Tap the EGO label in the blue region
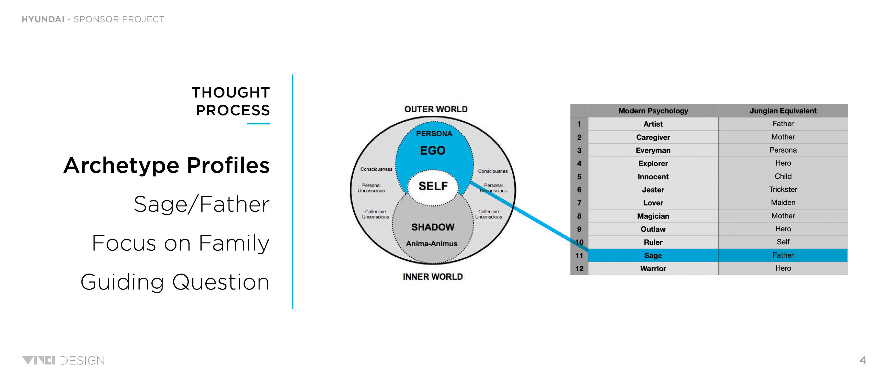pos(432,151)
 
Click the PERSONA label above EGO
pos(434,134)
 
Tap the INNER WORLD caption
pos(432,277)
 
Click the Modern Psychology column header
pos(653,111)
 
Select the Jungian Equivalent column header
pos(783,111)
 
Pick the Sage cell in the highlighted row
pos(653,255)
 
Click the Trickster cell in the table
pos(783,189)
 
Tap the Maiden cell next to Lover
pos(783,203)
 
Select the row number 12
pos(579,269)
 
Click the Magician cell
pos(653,216)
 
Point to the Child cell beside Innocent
pos(783,176)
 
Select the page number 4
pos(862,360)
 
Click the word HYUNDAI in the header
pos(43,19)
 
